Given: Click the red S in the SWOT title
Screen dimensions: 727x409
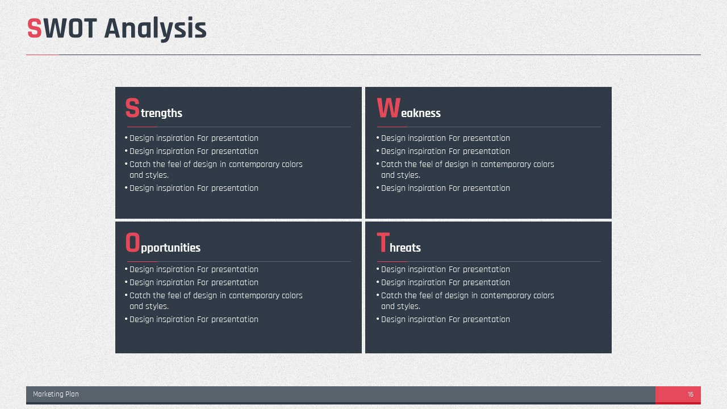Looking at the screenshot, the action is (35, 28).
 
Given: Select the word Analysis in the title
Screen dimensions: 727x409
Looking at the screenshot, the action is (156, 29).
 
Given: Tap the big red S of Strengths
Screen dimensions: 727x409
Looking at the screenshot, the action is (132, 107).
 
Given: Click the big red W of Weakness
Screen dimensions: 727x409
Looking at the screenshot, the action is (388, 107).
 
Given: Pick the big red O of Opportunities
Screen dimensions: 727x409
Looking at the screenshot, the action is (132, 242).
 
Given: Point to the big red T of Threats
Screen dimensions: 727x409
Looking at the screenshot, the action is (383, 242).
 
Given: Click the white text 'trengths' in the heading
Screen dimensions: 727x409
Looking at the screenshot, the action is (162, 113).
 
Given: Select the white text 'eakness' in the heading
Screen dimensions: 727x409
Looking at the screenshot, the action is (421, 113).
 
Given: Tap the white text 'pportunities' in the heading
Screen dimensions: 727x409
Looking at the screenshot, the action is (171, 248).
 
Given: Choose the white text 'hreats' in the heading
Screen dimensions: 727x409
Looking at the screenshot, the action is (405, 248).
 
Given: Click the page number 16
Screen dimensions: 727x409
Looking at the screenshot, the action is (691, 394).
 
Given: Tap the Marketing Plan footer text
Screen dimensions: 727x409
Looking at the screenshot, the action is (56, 394).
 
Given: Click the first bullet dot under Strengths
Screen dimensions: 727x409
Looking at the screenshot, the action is (126, 138).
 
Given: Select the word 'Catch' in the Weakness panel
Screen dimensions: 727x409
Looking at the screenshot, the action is (391, 164).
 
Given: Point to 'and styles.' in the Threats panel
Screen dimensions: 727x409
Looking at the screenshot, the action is (400, 306).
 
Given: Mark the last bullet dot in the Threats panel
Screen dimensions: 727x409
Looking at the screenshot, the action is (378, 319).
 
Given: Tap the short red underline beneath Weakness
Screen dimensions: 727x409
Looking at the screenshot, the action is (392, 127).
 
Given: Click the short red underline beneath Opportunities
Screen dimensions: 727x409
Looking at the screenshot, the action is (142, 262).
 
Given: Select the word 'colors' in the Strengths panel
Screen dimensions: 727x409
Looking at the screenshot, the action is (292, 164).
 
